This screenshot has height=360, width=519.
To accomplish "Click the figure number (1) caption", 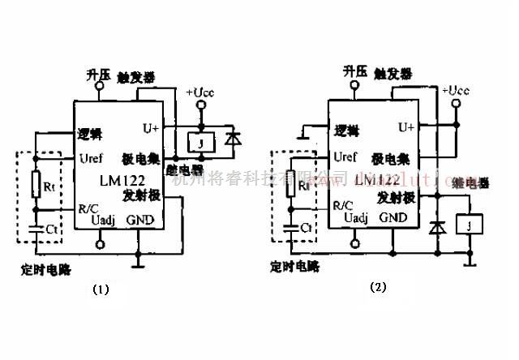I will point(100,287).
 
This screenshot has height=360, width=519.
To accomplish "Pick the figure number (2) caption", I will point(376,287).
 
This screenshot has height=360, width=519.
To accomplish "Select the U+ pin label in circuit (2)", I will point(405,126).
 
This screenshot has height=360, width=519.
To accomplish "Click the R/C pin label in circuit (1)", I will point(89,208).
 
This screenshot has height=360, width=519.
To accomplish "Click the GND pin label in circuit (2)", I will point(393,217).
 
